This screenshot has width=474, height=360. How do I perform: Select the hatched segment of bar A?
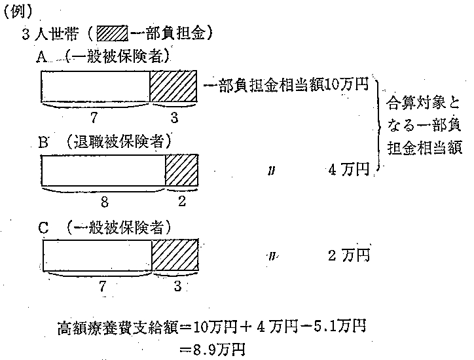click(173, 86)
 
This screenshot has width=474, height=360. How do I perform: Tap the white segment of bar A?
click(96, 86)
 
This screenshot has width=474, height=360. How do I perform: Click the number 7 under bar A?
click(95, 117)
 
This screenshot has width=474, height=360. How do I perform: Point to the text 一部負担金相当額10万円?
click(289, 86)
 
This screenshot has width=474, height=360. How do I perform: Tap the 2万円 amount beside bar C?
click(349, 254)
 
